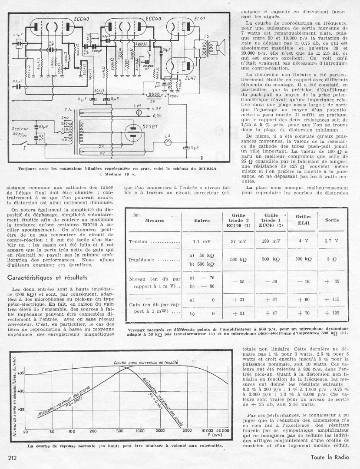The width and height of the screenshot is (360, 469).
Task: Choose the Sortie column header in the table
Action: click(332, 220)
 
